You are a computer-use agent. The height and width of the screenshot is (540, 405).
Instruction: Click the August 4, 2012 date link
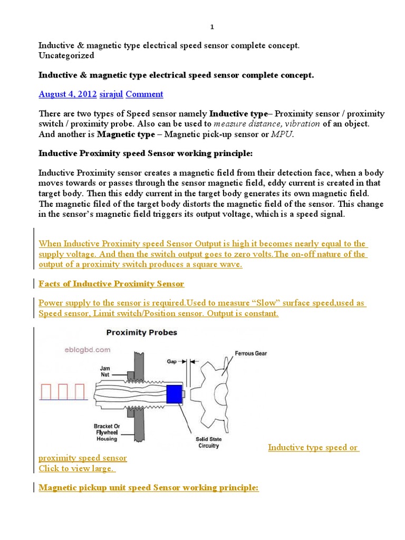(x=67, y=94)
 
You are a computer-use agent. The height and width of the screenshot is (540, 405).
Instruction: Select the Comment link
(x=144, y=94)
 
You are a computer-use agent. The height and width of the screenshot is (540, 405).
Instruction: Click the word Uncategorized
(x=66, y=55)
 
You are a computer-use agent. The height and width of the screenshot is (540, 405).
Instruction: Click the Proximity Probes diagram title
(x=142, y=333)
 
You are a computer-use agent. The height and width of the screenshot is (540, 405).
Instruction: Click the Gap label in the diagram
(x=172, y=362)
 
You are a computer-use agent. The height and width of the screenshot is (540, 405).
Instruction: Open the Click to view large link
(x=76, y=468)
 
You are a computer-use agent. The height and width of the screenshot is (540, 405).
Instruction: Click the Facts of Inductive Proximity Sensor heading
(x=111, y=284)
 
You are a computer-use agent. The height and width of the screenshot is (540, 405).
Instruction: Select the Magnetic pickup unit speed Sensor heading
(x=149, y=487)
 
